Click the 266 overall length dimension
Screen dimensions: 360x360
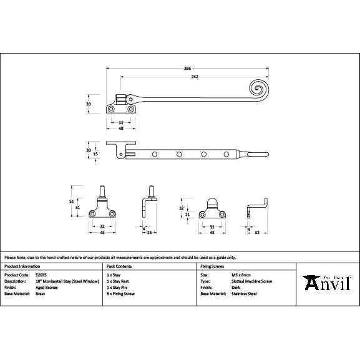click(x=187, y=68)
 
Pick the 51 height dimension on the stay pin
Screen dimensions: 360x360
click(x=71, y=202)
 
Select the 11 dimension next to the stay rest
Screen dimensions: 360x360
click(x=188, y=214)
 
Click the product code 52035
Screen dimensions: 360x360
click(x=42, y=275)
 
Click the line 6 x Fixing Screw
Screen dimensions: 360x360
click(x=121, y=293)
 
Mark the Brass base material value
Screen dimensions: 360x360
click(x=40, y=293)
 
